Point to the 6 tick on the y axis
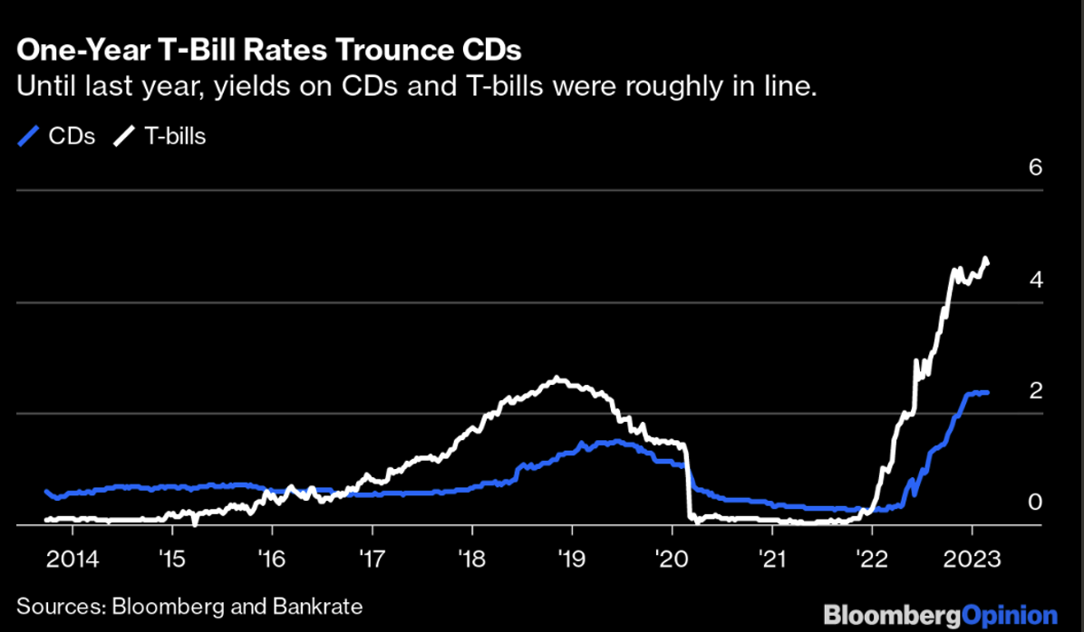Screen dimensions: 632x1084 pos(1035,168)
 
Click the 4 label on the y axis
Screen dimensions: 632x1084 pos(1035,280)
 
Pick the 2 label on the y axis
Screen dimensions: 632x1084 pos(1035,391)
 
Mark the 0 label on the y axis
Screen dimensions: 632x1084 pos(1035,503)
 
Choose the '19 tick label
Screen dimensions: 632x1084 pos(571,557)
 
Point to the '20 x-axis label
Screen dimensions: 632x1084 pos(671,557)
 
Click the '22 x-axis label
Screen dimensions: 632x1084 pos(871,557)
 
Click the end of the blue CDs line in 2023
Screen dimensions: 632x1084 pos(987,392)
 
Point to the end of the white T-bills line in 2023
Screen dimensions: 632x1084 pos(988,263)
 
